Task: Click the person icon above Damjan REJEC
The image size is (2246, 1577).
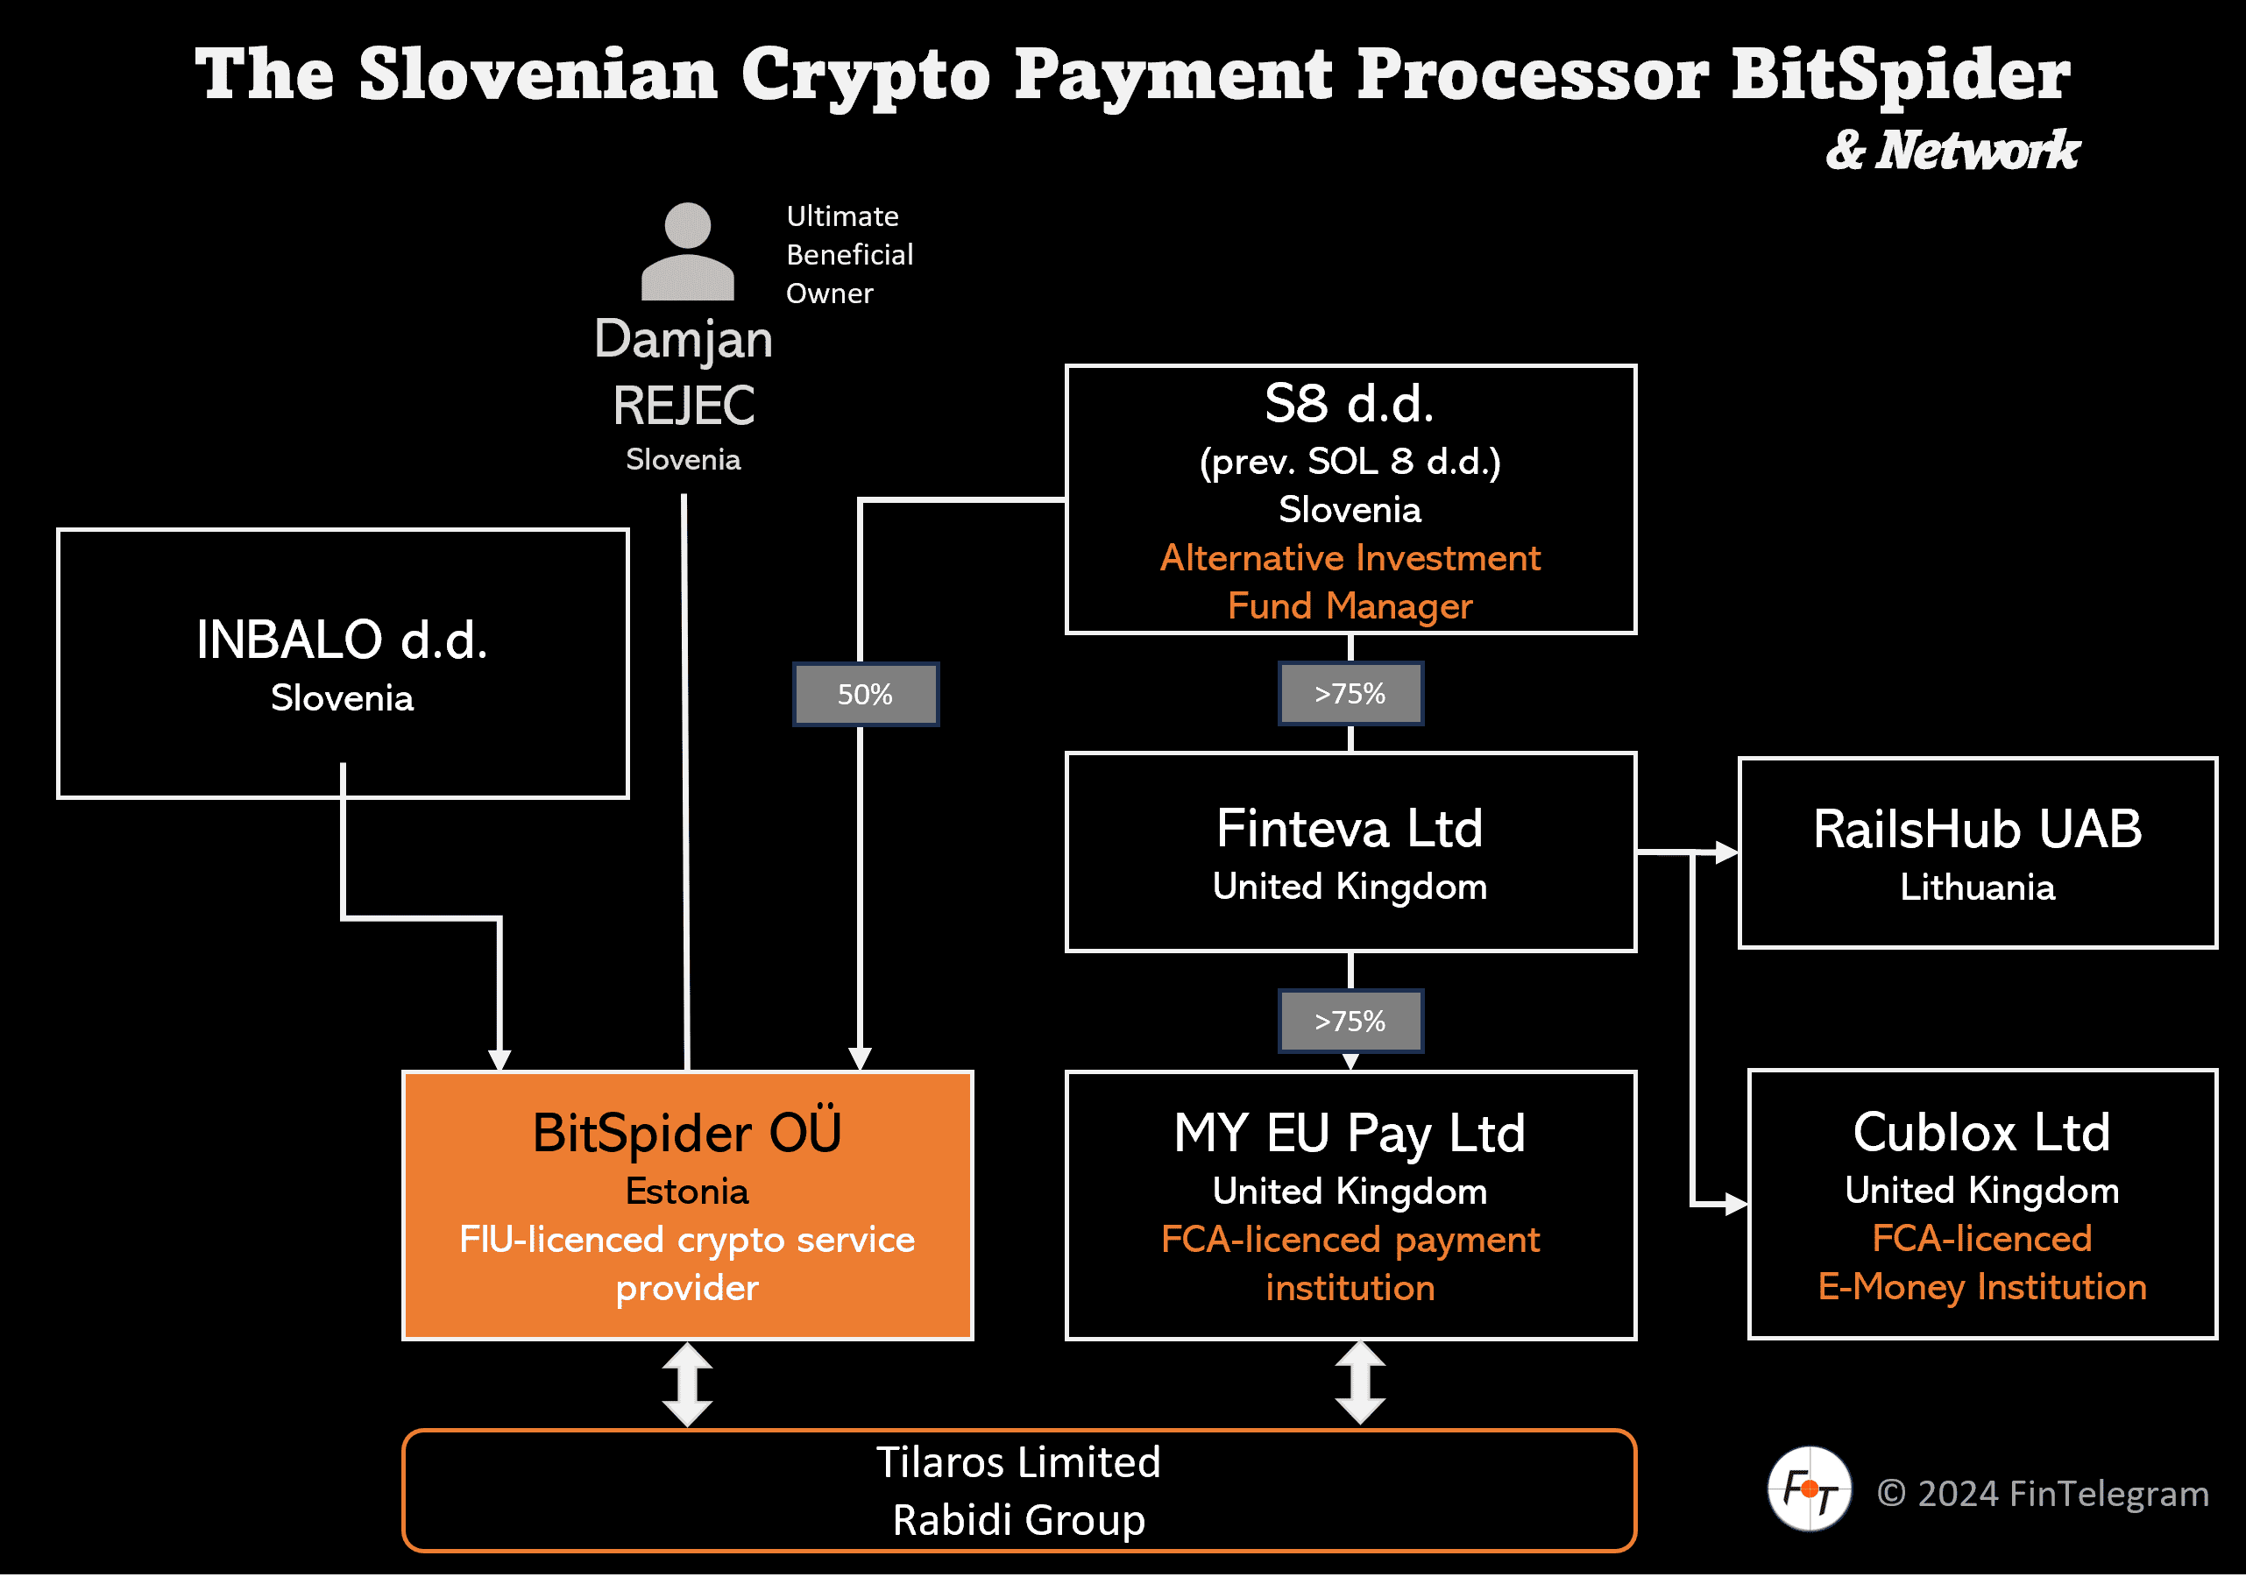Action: (x=687, y=251)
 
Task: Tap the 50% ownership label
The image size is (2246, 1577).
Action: (x=865, y=695)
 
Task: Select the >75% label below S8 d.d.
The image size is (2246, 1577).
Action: (x=1350, y=694)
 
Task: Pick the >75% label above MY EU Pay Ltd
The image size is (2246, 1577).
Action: (x=1350, y=1022)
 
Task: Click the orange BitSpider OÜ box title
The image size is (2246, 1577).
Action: (x=687, y=1134)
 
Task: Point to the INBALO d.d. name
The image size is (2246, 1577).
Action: (x=342, y=640)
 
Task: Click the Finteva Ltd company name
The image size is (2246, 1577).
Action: (x=1350, y=829)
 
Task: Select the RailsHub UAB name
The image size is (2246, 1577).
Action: (x=1977, y=830)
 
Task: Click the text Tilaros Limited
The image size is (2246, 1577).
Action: (x=1018, y=1462)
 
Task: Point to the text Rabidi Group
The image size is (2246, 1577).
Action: (x=1018, y=1519)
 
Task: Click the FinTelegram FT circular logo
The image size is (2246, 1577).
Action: (x=1809, y=1489)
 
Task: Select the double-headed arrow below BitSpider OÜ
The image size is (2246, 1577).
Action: (x=687, y=1384)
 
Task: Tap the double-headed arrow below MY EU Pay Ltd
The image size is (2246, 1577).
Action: (x=1360, y=1383)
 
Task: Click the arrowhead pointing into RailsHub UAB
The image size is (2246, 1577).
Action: (x=1727, y=852)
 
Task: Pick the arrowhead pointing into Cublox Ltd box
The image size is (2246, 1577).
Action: (x=1735, y=1205)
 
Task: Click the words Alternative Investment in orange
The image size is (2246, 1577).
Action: (x=1350, y=557)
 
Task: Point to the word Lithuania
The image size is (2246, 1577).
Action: (x=1977, y=888)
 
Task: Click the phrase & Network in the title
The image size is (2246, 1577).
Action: (x=1952, y=151)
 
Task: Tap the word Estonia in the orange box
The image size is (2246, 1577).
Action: (x=687, y=1192)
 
